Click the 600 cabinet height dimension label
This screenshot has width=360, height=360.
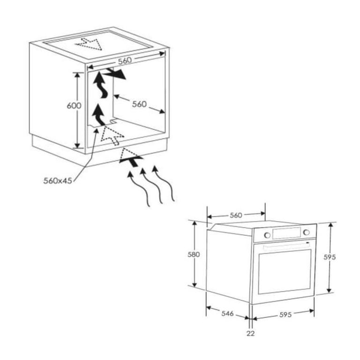(74, 106)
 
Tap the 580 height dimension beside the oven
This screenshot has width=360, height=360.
(194, 255)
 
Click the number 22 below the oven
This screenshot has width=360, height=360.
(251, 333)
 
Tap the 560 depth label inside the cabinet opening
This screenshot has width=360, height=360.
(139, 104)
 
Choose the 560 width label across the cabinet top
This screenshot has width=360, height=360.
(124, 60)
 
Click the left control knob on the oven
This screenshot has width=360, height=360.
(266, 234)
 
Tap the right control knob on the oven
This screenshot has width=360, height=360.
(306, 232)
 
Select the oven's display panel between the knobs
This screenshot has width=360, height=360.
(286, 233)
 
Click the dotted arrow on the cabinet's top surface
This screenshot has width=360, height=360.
(89, 43)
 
